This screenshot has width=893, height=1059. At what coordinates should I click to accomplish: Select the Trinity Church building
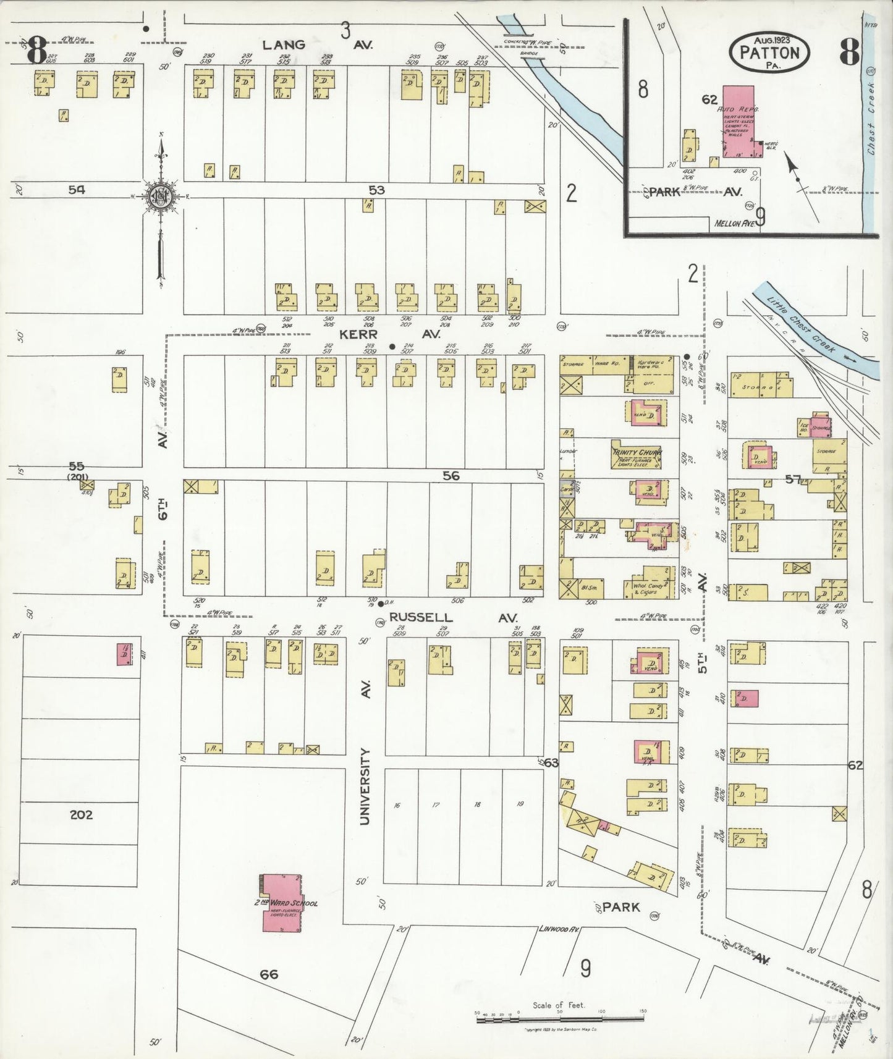pyautogui.click(x=637, y=455)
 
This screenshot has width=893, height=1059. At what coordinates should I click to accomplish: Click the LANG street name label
pyautogui.click(x=284, y=44)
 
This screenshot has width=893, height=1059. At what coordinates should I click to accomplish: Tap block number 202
pyautogui.click(x=81, y=814)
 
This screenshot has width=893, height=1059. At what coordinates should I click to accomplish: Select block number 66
pyautogui.click(x=269, y=974)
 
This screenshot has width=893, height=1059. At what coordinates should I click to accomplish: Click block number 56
pyautogui.click(x=451, y=476)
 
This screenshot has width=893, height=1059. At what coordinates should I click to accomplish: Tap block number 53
pyautogui.click(x=376, y=190)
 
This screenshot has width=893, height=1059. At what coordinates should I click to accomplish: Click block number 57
pyautogui.click(x=793, y=479)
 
